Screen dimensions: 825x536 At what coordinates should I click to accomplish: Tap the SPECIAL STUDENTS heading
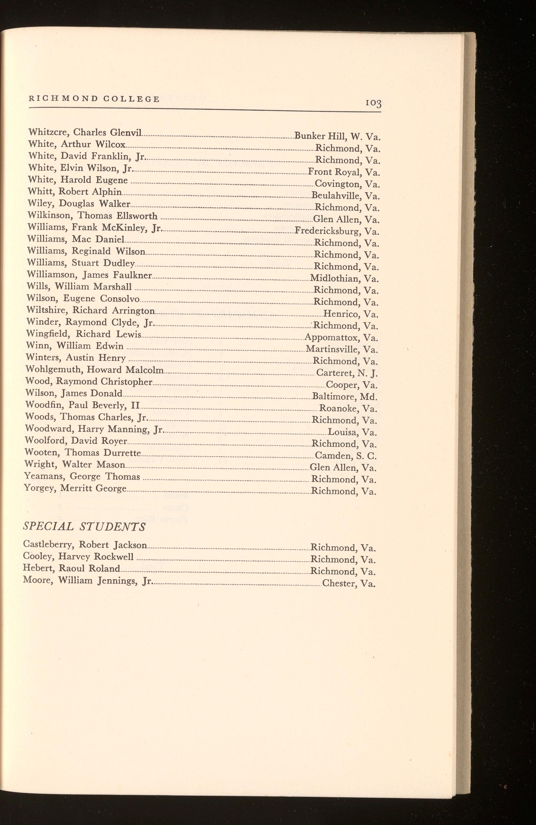(84, 527)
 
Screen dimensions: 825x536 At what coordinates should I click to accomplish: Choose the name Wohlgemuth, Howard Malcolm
(94, 370)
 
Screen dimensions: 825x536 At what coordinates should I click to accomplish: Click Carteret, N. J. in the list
(347, 373)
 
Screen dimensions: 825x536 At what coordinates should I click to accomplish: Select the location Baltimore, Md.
(345, 397)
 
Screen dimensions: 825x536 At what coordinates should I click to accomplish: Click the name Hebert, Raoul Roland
(71, 568)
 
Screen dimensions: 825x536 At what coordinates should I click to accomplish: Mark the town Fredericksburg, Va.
(337, 231)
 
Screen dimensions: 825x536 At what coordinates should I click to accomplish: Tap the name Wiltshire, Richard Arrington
(90, 310)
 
